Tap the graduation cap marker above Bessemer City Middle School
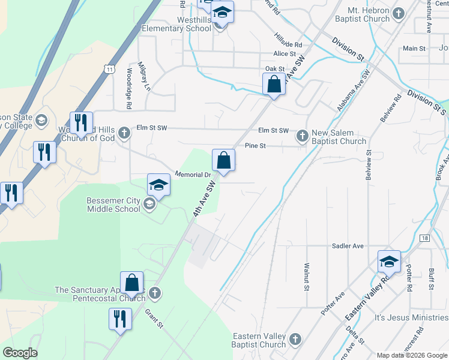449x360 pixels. (x=159, y=185)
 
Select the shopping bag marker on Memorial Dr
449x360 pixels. (x=223, y=161)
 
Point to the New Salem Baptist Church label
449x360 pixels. (x=337, y=137)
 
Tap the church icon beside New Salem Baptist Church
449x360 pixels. (x=302, y=136)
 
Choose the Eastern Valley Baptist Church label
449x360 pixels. (x=259, y=340)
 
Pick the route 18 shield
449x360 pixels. (x=425, y=238)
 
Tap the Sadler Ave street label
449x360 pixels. (x=348, y=246)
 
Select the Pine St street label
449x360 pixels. (x=255, y=146)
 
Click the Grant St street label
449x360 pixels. (x=154, y=318)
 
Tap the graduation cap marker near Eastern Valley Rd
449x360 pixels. (x=389, y=262)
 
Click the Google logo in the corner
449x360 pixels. (x=20, y=353)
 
